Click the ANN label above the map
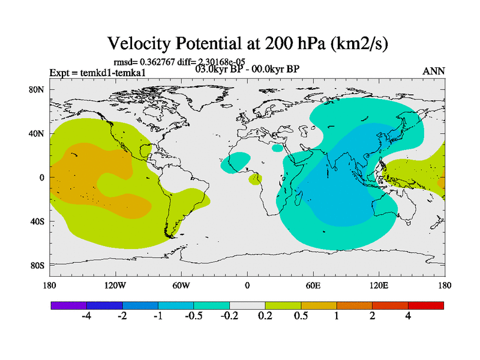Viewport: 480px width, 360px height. tap(434, 71)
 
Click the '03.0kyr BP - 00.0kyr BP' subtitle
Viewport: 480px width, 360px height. tap(247, 69)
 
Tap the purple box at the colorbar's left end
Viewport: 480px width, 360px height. tap(69, 305)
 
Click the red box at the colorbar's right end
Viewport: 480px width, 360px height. tap(426, 305)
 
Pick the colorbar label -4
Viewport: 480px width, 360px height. tap(86, 316)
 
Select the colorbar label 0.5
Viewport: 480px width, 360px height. tap(301, 316)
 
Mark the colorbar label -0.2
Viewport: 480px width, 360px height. tap(229, 316)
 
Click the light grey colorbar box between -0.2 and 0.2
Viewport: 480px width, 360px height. tap(247, 305)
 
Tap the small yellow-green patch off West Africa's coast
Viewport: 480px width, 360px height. tap(255, 179)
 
